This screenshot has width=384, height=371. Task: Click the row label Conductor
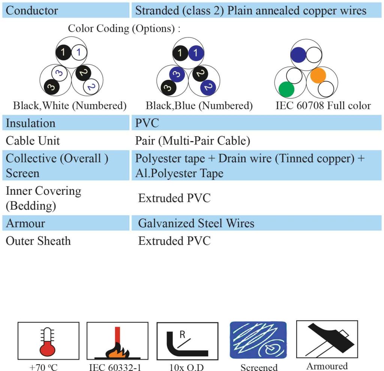click(32, 11)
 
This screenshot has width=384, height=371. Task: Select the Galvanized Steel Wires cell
click(196, 224)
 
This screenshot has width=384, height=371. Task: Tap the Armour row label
click(25, 224)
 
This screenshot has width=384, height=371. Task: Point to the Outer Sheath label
click(38, 241)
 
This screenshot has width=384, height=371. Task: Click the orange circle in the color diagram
click(318, 75)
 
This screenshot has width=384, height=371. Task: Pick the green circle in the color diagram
click(286, 89)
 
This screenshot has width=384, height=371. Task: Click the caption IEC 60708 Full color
click(323, 106)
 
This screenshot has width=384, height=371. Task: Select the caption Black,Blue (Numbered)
click(199, 106)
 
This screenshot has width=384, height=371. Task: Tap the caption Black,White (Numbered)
click(70, 106)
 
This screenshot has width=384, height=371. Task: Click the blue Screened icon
click(258, 340)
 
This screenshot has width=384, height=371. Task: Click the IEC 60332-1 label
click(115, 367)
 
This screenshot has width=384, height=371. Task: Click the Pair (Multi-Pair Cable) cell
click(192, 141)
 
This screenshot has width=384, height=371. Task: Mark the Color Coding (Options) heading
click(124, 29)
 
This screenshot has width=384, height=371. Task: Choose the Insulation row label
click(30, 123)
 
